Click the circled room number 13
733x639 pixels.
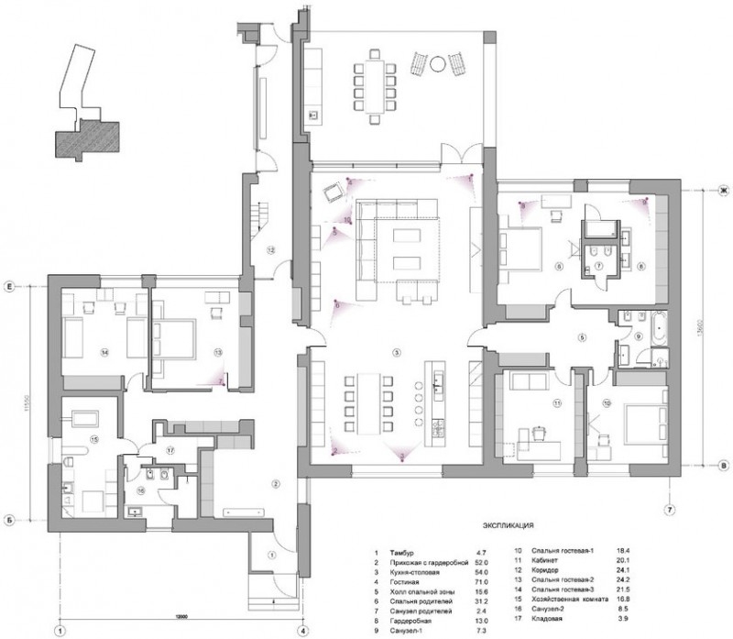(218, 351)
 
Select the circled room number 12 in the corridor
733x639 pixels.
(271, 249)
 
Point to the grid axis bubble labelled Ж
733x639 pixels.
(721, 189)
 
